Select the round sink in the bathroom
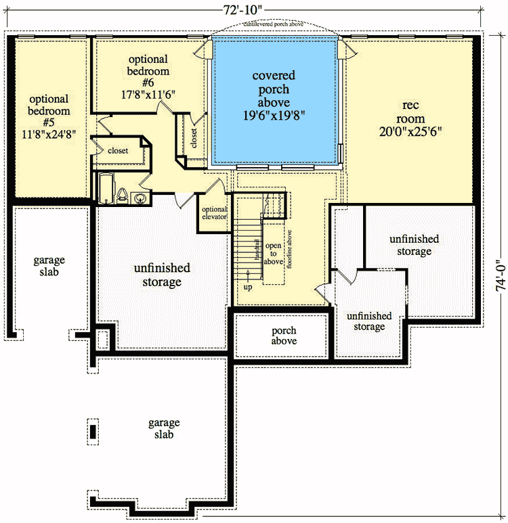click(x=140, y=198)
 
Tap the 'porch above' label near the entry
click(x=284, y=336)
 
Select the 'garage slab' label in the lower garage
click(x=164, y=429)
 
